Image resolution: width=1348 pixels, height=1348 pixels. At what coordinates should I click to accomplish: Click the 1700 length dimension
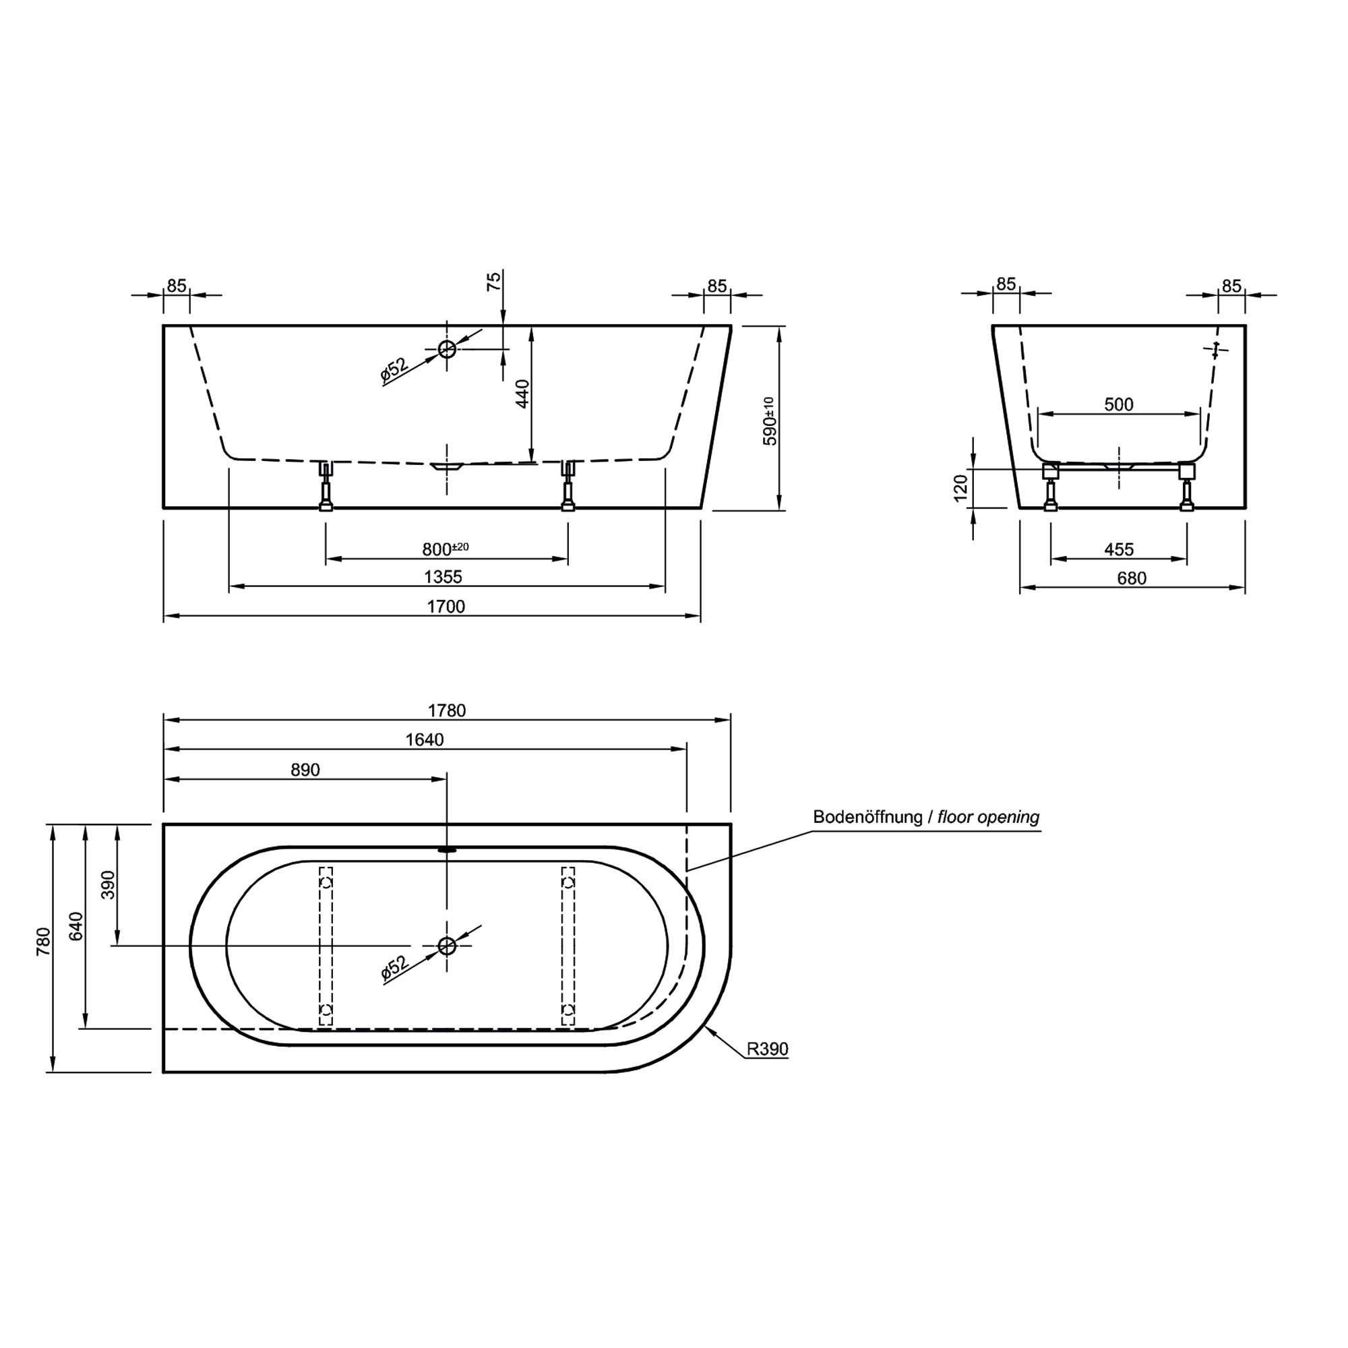point(446,607)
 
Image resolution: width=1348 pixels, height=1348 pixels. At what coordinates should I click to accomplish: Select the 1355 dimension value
point(443,577)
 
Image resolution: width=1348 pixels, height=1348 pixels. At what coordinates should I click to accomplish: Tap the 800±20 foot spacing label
point(445,549)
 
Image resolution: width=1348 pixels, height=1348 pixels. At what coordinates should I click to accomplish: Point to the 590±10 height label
point(770,421)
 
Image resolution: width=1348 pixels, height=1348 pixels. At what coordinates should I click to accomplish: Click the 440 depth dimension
point(522,394)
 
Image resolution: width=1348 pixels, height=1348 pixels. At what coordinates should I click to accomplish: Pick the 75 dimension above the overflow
point(493,281)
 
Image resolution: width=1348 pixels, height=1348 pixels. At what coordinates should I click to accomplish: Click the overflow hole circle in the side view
point(448,349)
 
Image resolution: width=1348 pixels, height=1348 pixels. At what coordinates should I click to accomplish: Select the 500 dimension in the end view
point(1119,404)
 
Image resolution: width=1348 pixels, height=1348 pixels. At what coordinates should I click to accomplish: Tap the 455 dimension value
point(1118,550)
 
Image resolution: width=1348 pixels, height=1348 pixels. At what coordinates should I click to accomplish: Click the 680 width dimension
point(1132,578)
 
